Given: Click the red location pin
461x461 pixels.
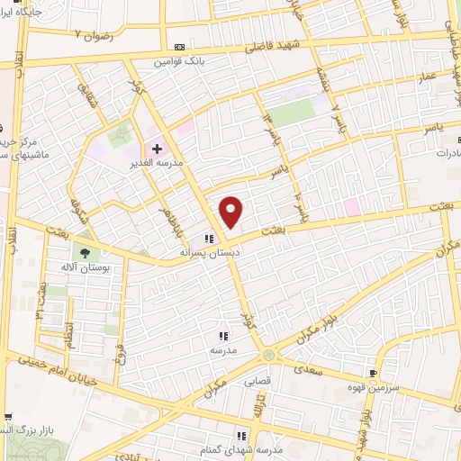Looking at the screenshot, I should (x=231, y=212).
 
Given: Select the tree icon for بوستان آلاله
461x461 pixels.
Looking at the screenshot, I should (x=87, y=254).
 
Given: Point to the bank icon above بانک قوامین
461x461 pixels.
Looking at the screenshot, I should (x=179, y=47).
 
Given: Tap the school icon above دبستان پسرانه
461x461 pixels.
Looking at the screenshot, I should (x=209, y=239).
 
